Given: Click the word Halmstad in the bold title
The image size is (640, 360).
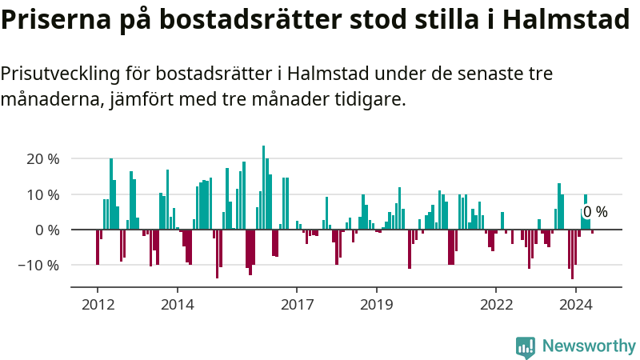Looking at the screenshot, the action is coord(566,18).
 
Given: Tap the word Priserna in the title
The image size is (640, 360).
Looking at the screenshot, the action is coord(56,18).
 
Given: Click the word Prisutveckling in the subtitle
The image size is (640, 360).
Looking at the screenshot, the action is coord(61,74).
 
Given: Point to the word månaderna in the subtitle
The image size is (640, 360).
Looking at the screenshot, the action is coord(52,99).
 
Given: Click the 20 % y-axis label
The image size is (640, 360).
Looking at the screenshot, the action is coord(43,159).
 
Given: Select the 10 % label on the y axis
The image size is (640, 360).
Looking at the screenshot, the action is coord(43,194).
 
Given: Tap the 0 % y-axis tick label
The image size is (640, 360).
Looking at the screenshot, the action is coord(47,230).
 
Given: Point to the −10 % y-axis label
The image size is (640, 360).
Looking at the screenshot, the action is coord(38,266).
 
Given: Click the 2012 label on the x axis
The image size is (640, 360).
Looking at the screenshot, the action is coord(98,305).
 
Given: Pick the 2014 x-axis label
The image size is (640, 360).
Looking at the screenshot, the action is coord(178,305).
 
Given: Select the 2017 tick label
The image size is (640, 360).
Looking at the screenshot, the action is coord(297,305).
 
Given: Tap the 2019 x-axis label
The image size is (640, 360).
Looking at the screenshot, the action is coord(376,305).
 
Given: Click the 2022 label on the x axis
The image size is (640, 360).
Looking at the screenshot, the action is coord(496,305).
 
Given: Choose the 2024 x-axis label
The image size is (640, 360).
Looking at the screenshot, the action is coord(575,305).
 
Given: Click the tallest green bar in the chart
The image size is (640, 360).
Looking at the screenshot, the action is coord(263,187).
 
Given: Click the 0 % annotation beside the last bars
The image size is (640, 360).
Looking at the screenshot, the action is coord(595,212).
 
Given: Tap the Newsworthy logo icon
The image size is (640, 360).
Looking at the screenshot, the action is coord(526,347).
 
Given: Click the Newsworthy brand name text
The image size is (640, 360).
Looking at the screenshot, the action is coord(589,346).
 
